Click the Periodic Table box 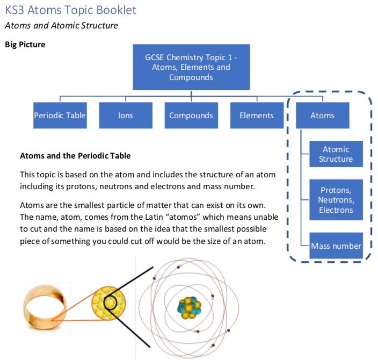pos(60,116)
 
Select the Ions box pos(126,116)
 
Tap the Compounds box pos(191,116)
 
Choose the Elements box pos(256,116)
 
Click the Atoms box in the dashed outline pos(322,116)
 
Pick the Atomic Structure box pos(336,154)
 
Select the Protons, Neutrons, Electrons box pos(336,200)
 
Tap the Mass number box pos(336,246)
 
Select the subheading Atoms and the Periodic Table pos(75,156)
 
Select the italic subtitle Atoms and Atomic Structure pos(61,25)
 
